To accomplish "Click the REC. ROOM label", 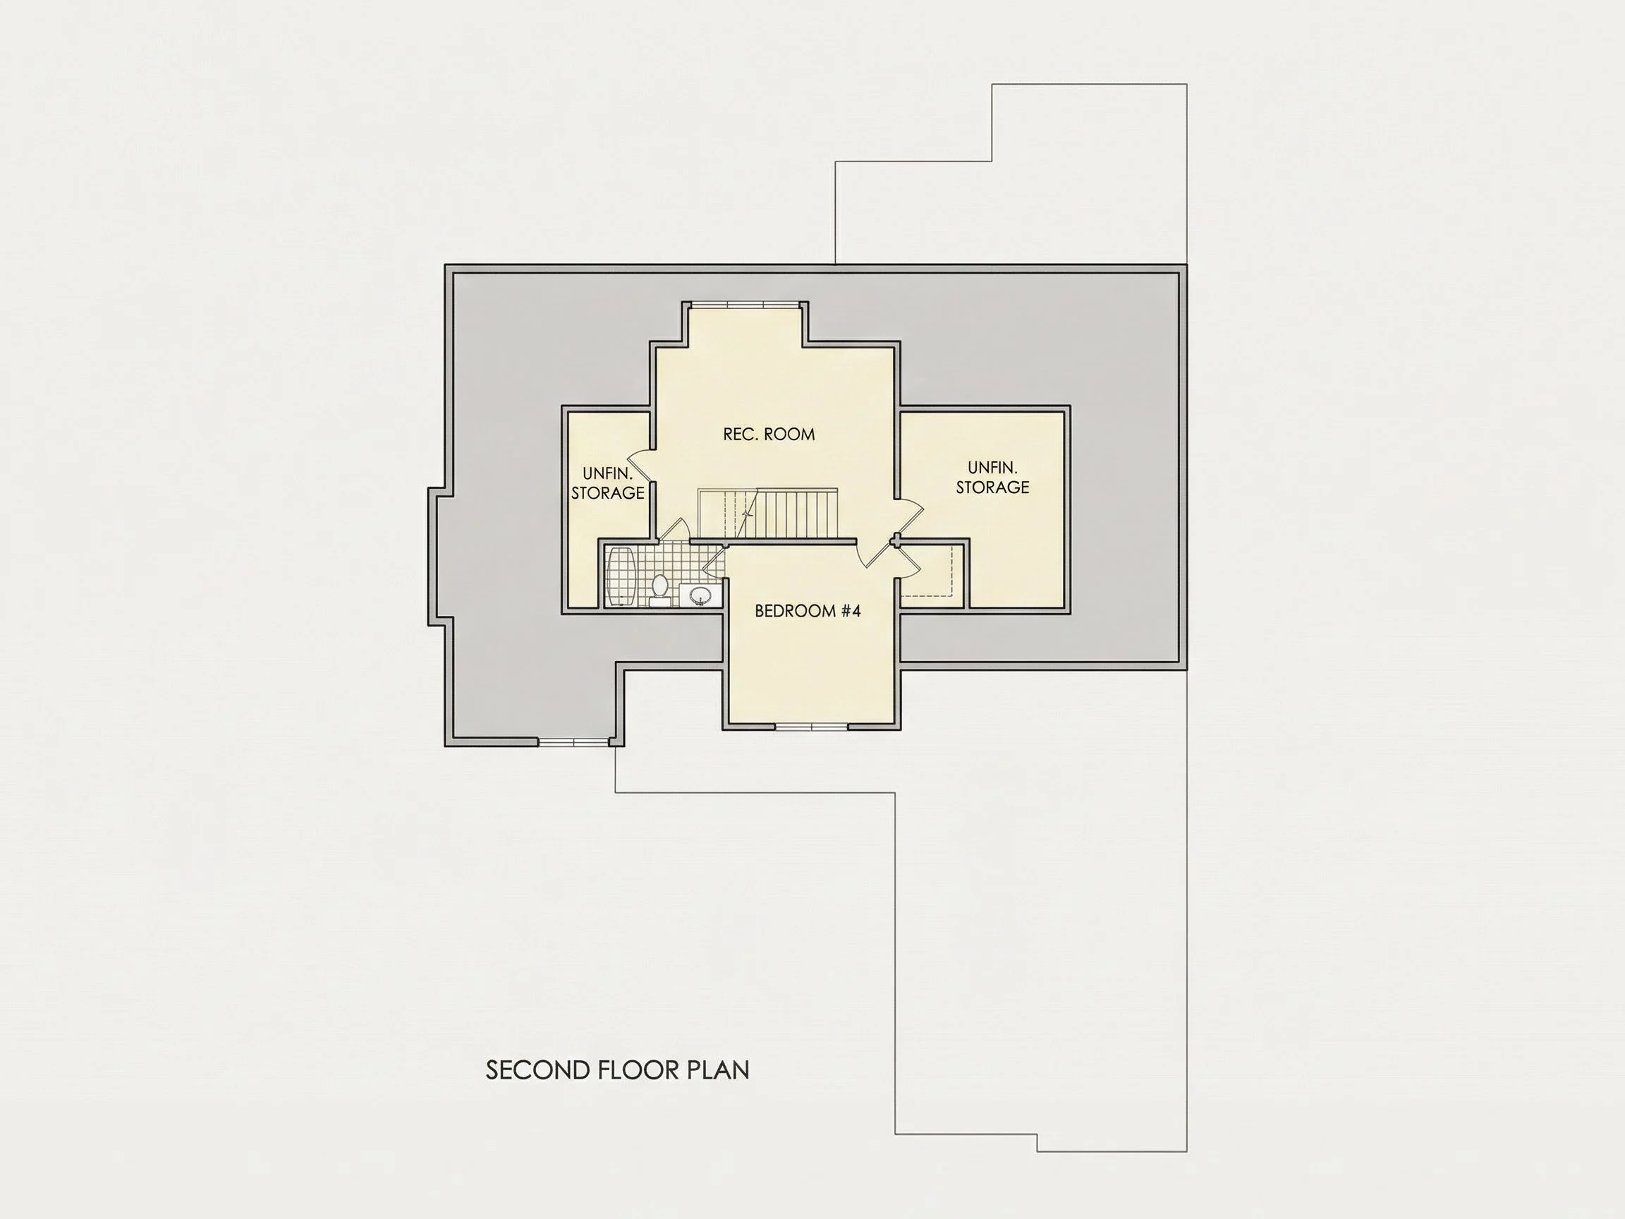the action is tap(769, 435).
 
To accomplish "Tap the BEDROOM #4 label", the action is tap(808, 611).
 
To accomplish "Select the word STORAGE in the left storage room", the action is tap(607, 493).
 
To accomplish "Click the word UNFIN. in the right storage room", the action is tap(992, 467).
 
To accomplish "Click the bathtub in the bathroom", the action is tap(621, 576).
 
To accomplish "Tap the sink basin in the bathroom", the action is tap(699, 595).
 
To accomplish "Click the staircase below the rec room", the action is tap(767, 514).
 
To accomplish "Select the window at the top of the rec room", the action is tap(745, 304).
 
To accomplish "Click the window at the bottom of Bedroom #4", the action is tap(812, 727).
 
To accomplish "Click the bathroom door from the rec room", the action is tap(674, 530).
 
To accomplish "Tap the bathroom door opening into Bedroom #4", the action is tap(714, 562).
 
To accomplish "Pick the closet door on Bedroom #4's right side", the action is tap(908, 560).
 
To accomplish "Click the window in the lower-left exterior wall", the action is tap(573, 742).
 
